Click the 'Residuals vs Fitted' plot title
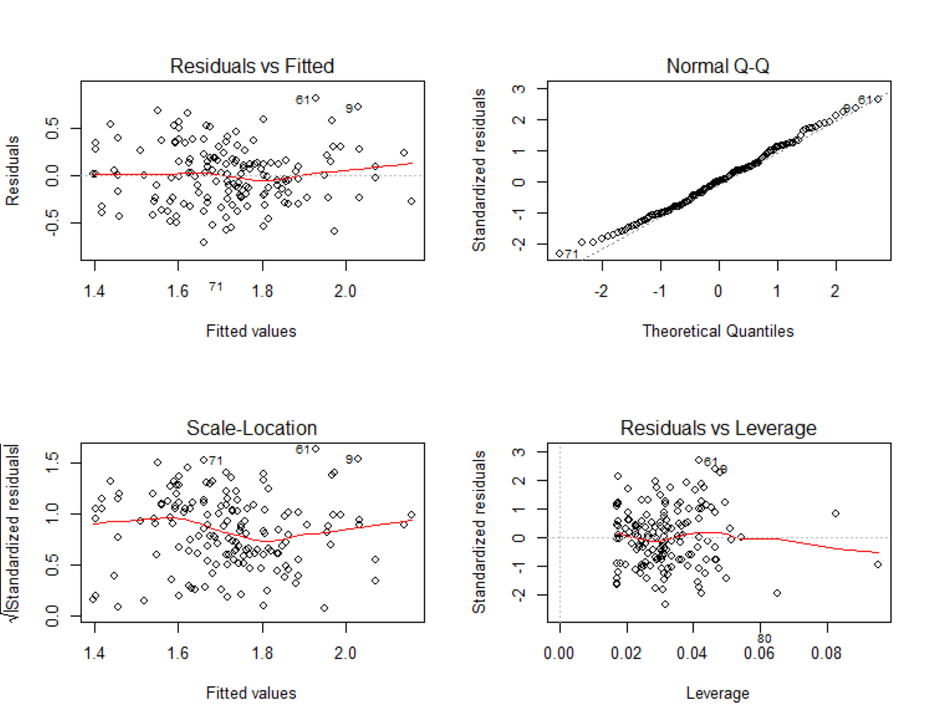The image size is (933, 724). click(252, 66)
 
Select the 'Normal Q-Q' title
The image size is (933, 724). click(717, 66)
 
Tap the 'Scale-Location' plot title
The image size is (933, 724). click(252, 428)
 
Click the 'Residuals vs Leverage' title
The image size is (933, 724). click(718, 428)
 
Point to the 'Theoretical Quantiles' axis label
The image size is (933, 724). click(717, 331)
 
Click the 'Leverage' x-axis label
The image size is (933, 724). click(717, 693)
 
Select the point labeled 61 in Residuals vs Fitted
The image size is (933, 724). click(316, 98)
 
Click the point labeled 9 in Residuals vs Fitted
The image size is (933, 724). click(358, 107)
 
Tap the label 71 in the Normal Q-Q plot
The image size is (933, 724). click(572, 254)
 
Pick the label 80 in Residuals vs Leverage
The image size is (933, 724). click(764, 639)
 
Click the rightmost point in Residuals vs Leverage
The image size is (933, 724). click(878, 564)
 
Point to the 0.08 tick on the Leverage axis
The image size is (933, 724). click(826, 653)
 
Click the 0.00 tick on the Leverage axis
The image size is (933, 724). click(560, 653)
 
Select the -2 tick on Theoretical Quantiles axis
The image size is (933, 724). click(601, 291)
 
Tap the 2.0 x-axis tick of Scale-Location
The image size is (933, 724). click(345, 653)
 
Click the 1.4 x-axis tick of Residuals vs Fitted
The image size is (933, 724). click(94, 291)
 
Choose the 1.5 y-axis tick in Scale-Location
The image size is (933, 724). click(52, 462)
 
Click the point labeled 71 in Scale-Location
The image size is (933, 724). click(203, 460)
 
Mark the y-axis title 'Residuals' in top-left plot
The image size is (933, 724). click(12, 171)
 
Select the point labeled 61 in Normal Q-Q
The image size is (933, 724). click(878, 99)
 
